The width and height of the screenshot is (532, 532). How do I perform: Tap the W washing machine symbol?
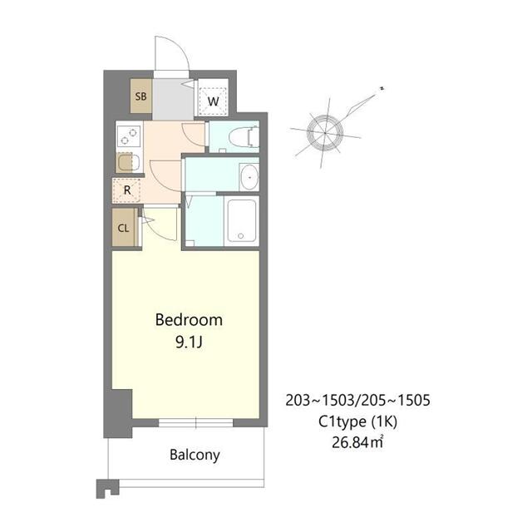pos(214,101)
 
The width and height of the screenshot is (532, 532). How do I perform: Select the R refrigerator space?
pos(127,190)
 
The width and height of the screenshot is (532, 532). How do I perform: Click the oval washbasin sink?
pos(248,175)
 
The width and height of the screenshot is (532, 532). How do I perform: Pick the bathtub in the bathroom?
pos(242,220)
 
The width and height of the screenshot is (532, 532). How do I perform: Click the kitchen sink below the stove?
pos(126,164)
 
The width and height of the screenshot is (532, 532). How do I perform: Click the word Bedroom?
pos(189,320)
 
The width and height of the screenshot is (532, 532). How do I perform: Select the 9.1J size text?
pos(189,341)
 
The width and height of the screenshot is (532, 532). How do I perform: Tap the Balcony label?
pos(195,455)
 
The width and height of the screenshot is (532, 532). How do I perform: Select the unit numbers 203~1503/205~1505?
pos(357,401)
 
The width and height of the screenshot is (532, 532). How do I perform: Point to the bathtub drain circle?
pos(242,237)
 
